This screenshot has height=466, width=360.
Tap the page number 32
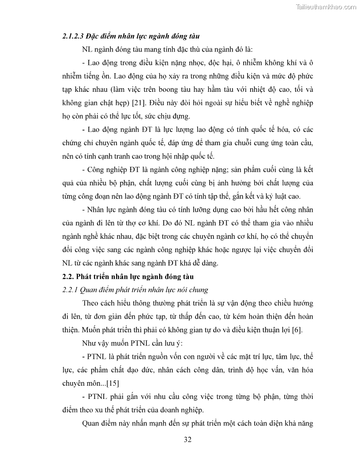point(187,440)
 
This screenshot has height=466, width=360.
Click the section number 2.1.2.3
point(72,36)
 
